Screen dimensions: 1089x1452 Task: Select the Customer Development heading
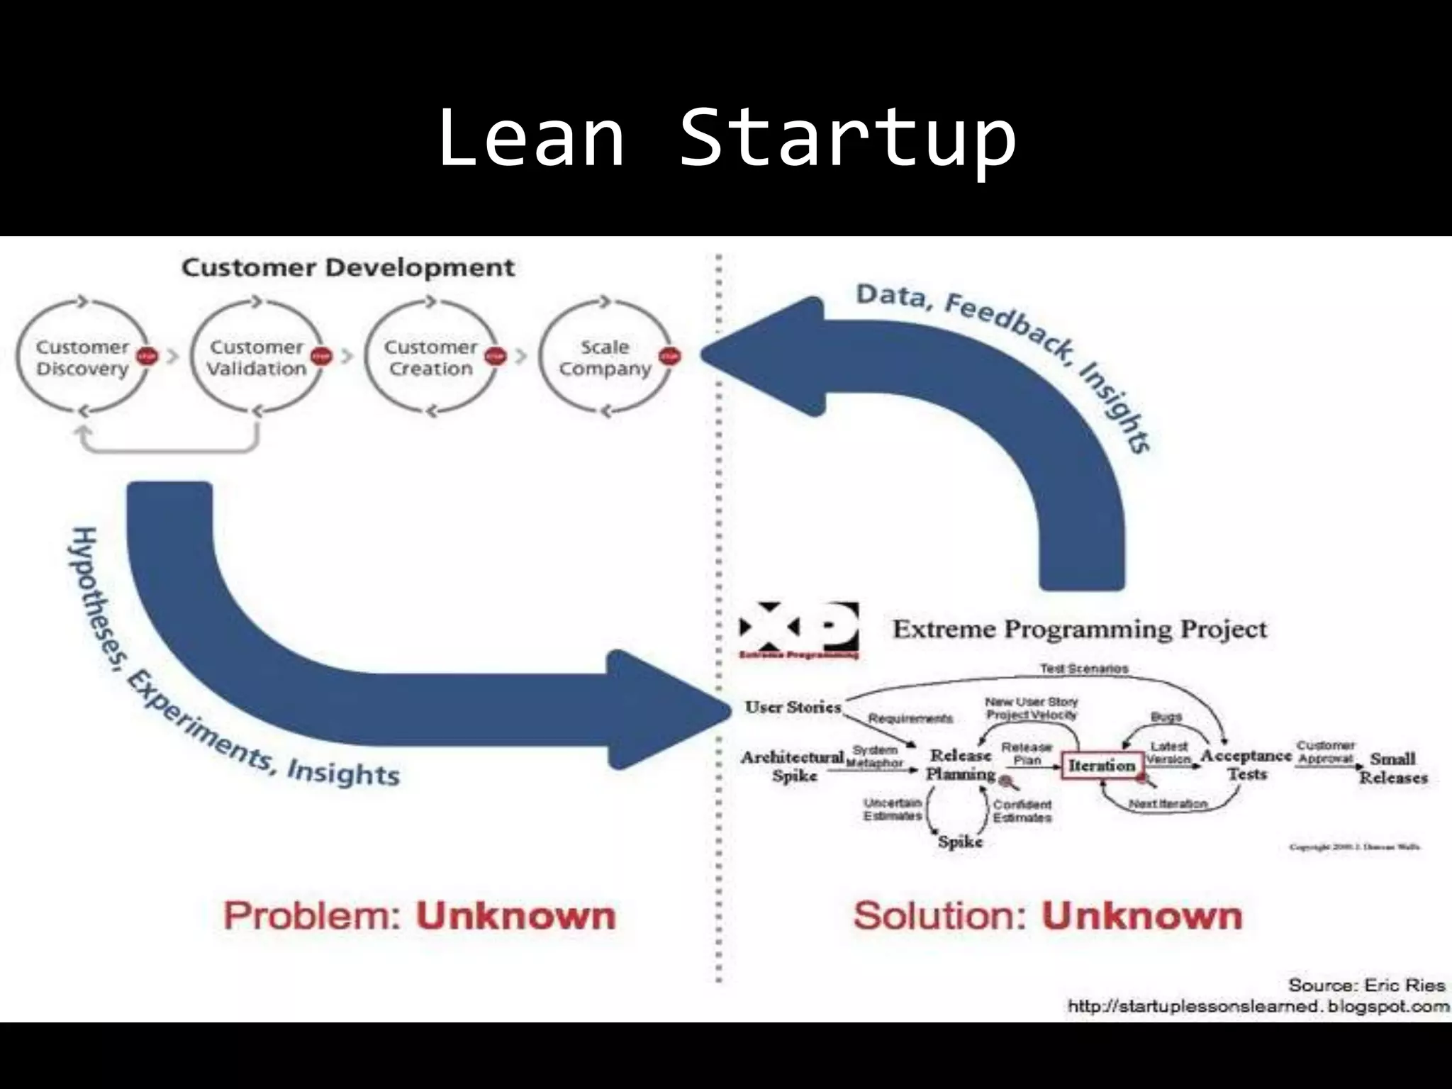click(347, 268)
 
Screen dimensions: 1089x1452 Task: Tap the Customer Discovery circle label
click(82, 358)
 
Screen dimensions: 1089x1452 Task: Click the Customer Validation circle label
click(256, 358)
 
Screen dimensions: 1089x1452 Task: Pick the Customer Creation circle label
click(430, 358)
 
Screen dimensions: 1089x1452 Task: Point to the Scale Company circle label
click(604, 358)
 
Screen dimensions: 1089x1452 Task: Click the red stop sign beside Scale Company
click(669, 356)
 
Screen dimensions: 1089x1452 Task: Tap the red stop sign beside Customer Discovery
click(147, 356)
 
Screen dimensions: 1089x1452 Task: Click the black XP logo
click(798, 630)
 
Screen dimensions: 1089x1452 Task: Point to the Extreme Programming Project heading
click(1079, 630)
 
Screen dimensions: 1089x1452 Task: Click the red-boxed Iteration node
click(1102, 766)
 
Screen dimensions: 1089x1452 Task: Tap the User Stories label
click(793, 707)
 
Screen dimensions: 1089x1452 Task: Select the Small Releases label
click(1392, 768)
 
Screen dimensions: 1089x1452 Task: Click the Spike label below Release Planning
click(960, 842)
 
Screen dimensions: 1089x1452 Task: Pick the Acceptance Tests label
click(1246, 764)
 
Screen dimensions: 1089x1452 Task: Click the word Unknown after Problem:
click(515, 915)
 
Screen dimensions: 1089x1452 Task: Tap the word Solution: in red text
click(940, 915)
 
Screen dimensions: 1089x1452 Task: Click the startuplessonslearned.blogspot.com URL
click(1258, 1007)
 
